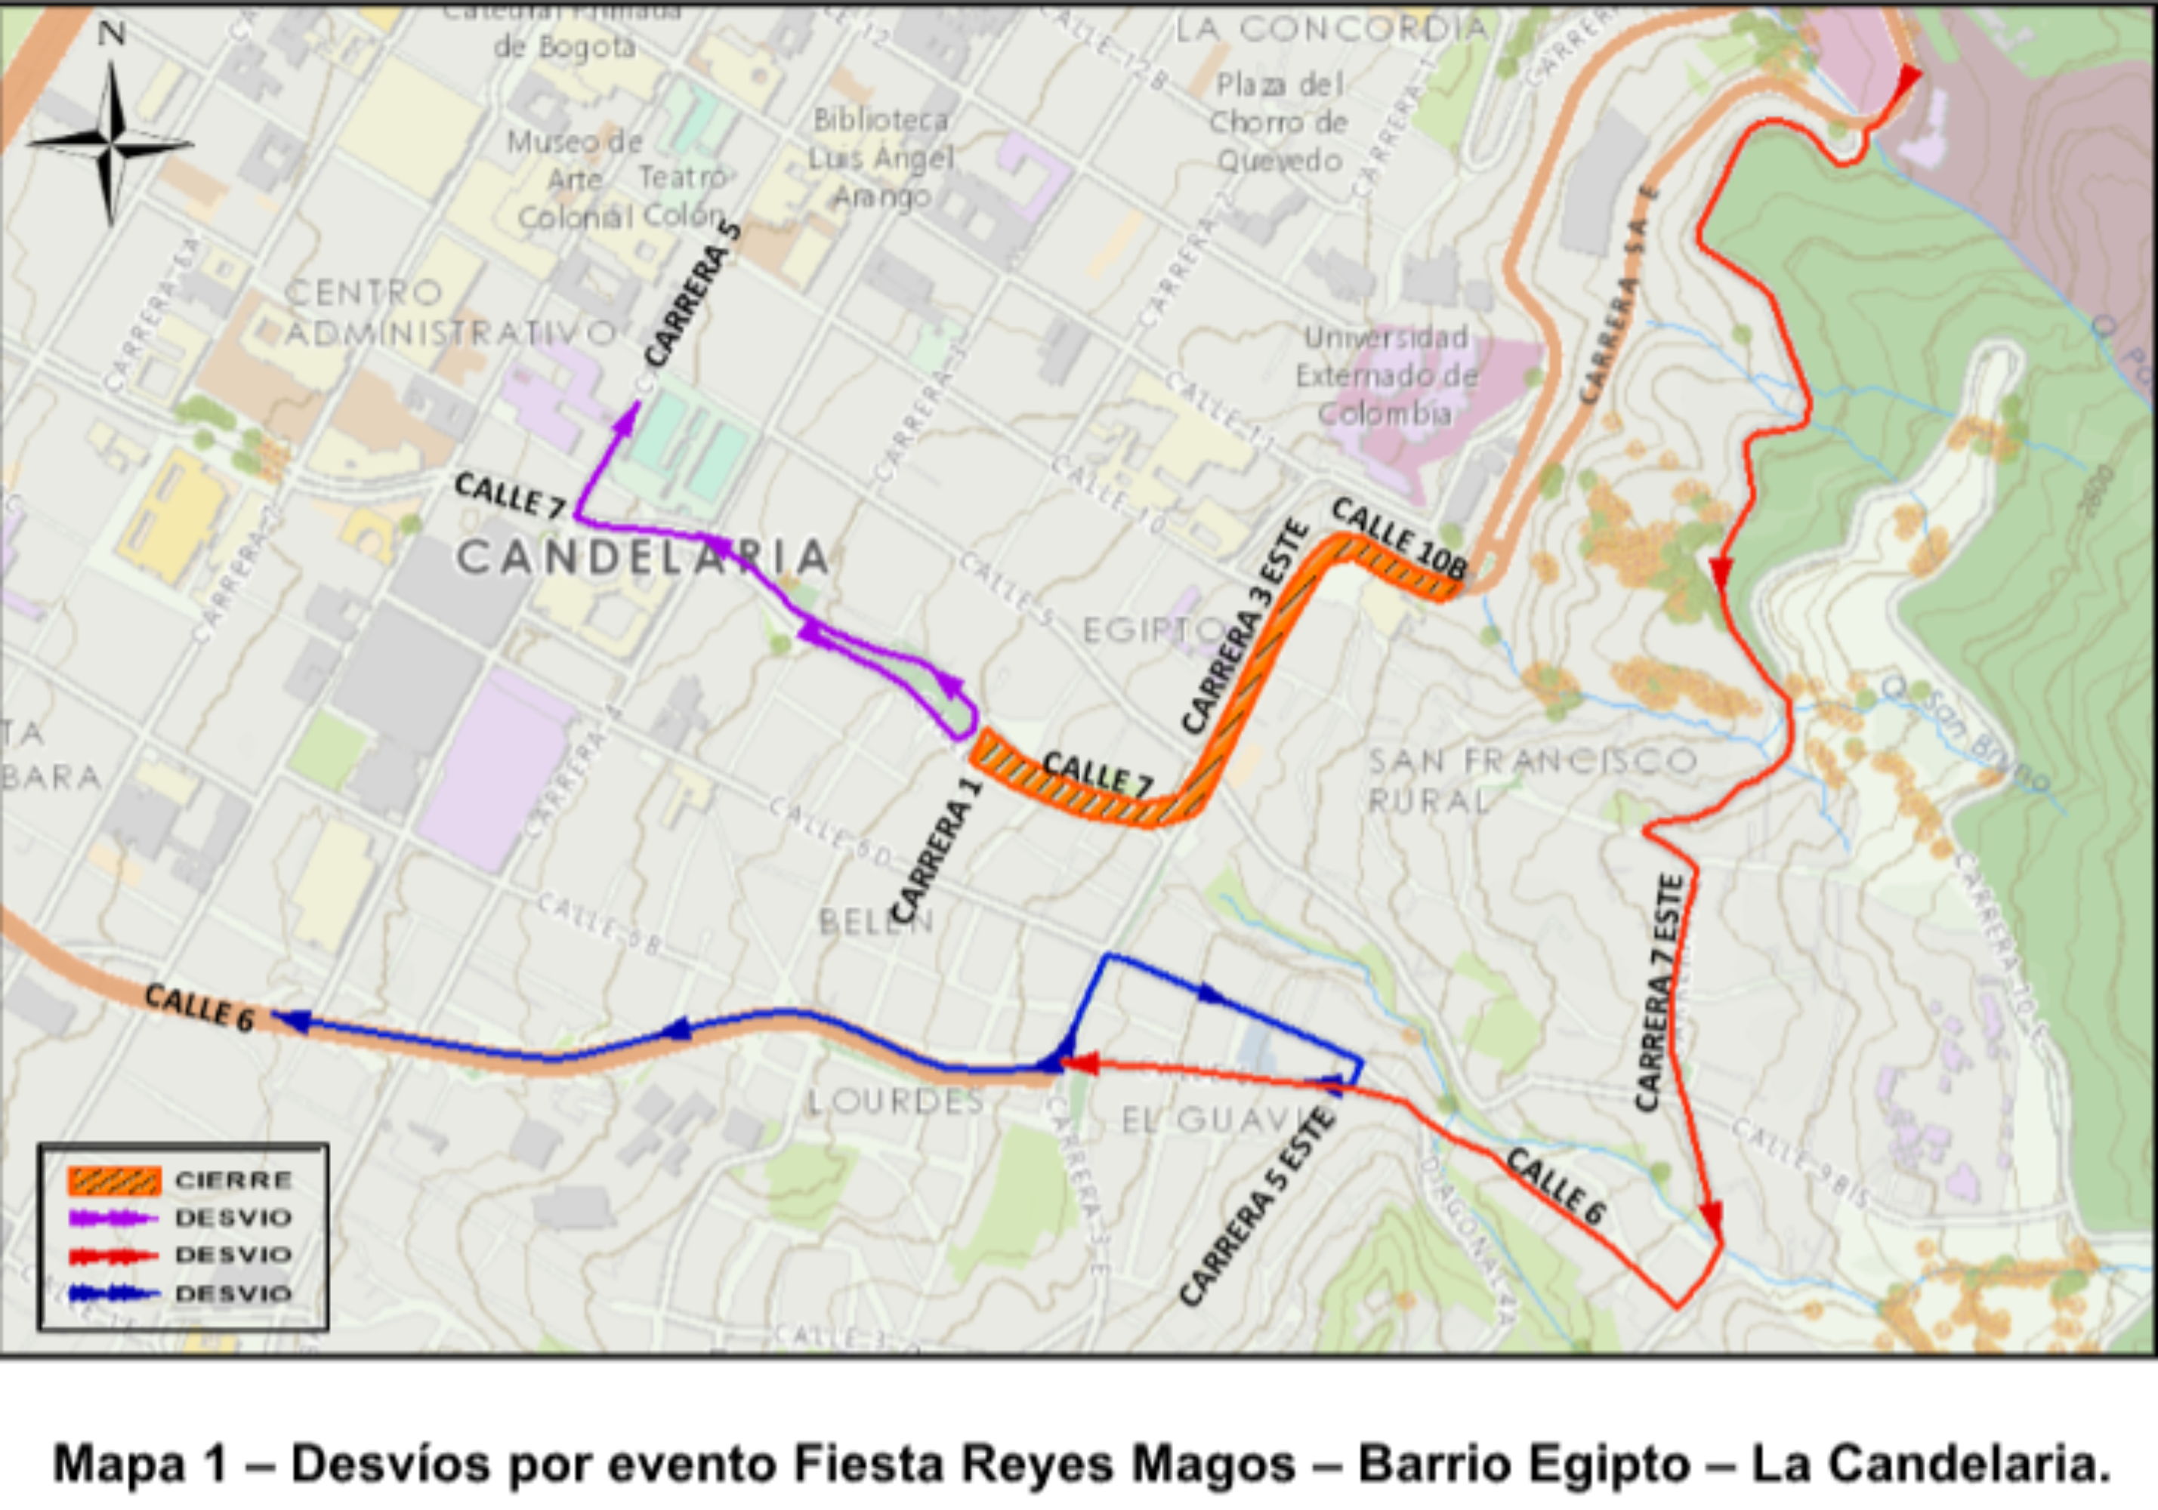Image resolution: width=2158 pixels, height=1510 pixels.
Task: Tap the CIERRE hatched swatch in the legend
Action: [114, 1179]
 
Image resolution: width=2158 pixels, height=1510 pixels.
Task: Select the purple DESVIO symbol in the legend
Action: [114, 1218]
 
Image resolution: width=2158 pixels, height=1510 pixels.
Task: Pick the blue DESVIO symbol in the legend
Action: [114, 1293]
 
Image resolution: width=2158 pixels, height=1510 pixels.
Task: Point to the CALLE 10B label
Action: [1400, 538]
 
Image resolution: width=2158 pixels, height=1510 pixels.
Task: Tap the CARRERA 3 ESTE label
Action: [1246, 627]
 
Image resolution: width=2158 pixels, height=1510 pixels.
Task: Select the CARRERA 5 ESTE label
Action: [1257, 1207]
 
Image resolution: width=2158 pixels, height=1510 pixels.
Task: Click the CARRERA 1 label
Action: [936, 850]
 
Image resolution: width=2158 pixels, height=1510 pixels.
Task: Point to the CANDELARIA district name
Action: [643, 557]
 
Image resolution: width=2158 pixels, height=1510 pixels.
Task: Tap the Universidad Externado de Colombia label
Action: [1386, 375]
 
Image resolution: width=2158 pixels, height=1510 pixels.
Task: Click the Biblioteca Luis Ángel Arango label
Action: [881, 158]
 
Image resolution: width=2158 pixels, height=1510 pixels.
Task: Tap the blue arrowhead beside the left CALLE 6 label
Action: [292, 1021]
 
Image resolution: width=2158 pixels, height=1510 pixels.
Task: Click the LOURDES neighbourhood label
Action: [896, 1102]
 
